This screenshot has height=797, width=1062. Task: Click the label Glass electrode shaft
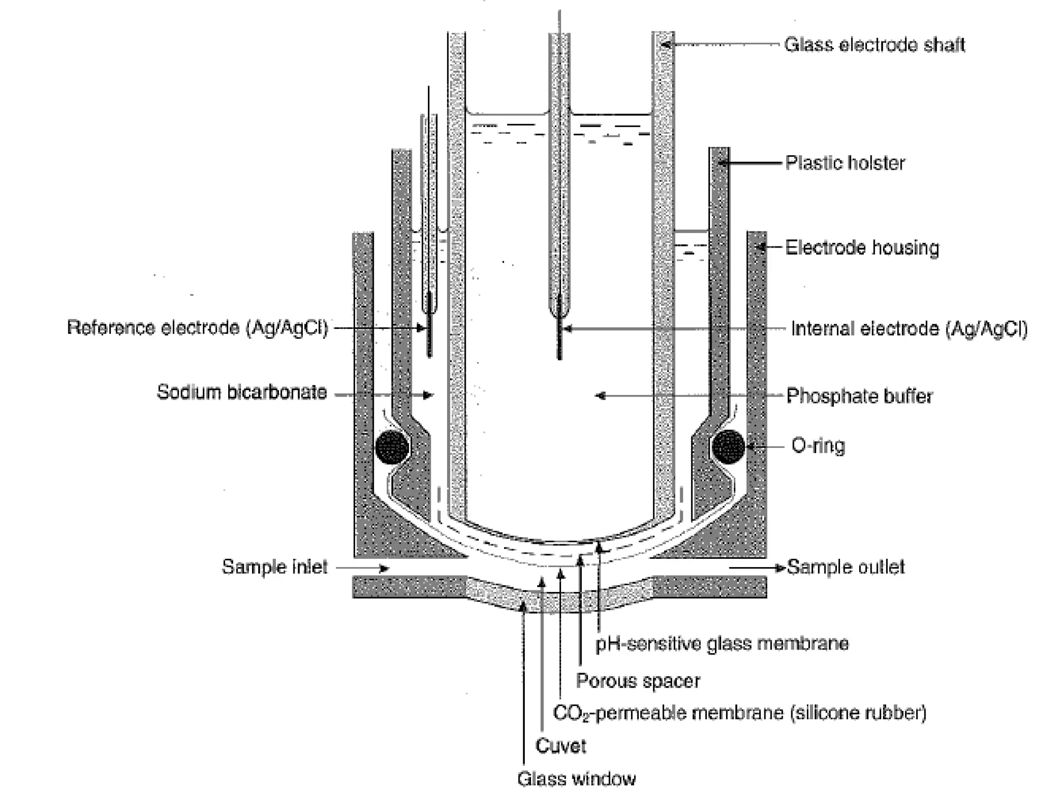(874, 45)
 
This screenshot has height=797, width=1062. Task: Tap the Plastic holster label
(845, 163)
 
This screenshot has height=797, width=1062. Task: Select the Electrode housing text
(862, 248)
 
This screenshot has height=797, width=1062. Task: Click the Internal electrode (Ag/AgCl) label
(909, 329)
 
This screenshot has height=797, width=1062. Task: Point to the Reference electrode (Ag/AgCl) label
(198, 328)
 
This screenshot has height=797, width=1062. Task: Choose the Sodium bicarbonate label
(242, 392)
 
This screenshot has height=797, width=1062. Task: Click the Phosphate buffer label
(859, 396)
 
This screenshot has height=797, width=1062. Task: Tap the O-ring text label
(818, 446)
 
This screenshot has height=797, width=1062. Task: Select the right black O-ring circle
(729, 447)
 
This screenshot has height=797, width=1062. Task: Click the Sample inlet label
(274, 567)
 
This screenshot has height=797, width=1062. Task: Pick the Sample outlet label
(846, 567)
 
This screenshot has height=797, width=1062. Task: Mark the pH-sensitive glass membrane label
(722, 644)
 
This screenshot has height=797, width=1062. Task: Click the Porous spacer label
(638, 681)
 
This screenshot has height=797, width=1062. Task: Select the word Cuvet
(561, 746)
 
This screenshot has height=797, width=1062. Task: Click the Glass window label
(576, 779)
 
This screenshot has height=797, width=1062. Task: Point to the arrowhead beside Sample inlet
(384, 569)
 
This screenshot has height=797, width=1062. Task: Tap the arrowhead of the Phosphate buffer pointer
(600, 396)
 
